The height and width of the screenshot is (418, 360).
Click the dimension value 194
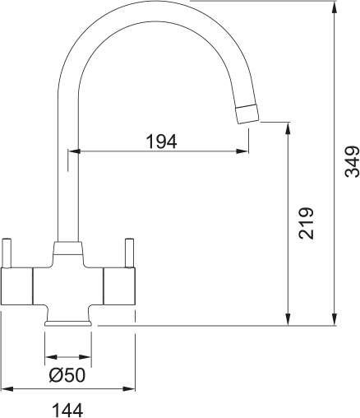coord(161,142)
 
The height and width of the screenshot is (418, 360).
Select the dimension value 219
coord(306,222)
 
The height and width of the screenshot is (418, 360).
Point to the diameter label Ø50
coord(67,376)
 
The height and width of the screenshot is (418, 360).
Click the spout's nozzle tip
coord(247,115)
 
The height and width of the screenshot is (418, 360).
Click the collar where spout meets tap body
coord(67,250)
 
